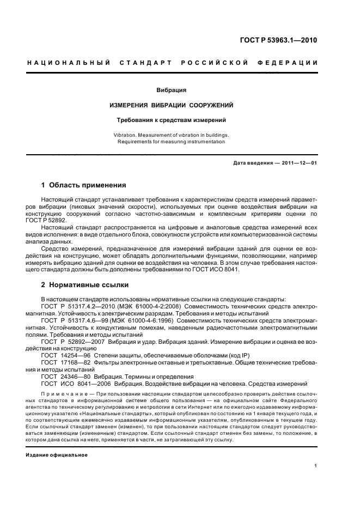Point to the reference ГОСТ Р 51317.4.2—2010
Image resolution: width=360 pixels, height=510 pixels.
click(x=75, y=307)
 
